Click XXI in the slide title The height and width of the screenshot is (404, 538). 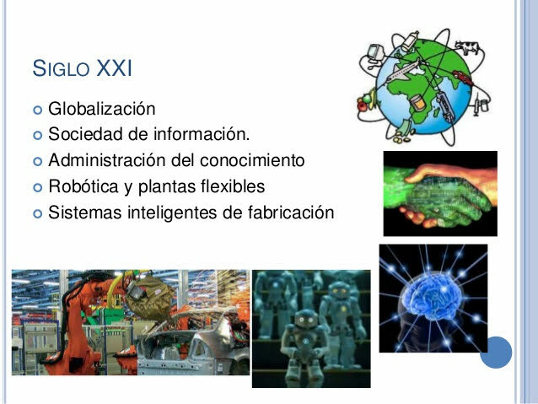click(115, 67)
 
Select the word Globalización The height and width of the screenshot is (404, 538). click(101, 109)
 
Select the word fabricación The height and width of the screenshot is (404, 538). click(286, 211)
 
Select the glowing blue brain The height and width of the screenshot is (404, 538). click(433, 299)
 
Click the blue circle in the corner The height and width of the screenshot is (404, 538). click(496, 352)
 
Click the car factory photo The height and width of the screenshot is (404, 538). click(131, 322)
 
